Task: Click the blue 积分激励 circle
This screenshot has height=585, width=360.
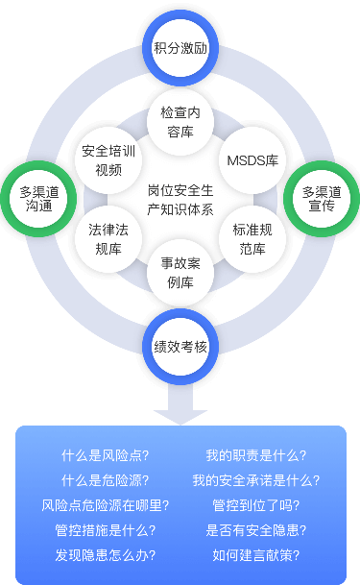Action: [x=180, y=46]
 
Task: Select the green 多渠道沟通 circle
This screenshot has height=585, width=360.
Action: [x=39, y=199]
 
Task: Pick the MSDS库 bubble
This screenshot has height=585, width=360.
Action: [x=252, y=159]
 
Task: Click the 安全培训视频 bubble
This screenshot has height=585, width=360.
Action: [x=108, y=159]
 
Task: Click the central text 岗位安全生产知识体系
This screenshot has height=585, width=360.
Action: [x=180, y=199]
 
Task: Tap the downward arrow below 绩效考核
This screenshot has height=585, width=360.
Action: [x=180, y=399]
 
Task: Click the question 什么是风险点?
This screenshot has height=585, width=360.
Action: [x=105, y=454]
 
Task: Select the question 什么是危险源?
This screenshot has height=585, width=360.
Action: [x=105, y=479]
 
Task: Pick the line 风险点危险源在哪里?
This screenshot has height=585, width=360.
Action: [x=105, y=504]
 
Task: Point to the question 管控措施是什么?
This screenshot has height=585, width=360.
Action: [x=105, y=529]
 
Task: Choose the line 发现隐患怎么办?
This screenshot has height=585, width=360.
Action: [x=105, y=554]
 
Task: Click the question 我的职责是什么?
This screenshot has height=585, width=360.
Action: [x=256, y=454]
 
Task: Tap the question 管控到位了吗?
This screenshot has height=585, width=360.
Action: [x=256, y=504]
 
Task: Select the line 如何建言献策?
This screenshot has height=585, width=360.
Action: [x=256, y=554]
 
